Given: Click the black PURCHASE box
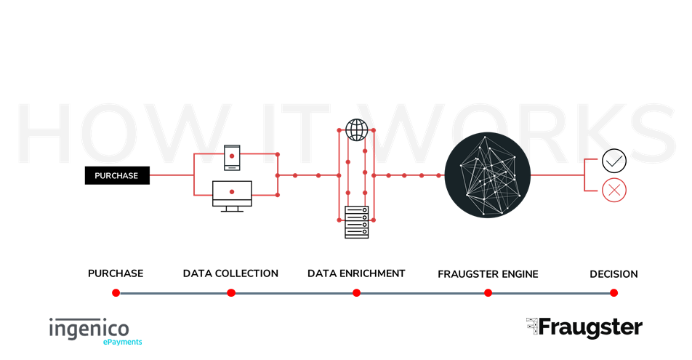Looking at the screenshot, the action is pos(117,175).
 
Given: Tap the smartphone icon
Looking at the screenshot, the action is pos(232,157).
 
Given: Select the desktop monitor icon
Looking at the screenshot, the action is pos(232,196).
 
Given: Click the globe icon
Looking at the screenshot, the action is pos(357,130).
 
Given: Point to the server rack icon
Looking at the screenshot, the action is pos(357,223).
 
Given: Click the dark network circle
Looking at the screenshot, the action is pos(488,175).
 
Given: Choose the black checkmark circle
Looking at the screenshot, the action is pos(614,161).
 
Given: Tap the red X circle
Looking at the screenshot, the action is pos(614,190).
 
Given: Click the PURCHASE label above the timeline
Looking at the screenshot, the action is pos(116,273).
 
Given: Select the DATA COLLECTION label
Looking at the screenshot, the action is pos(230,273).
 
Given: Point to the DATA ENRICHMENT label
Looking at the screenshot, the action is pos(356,273).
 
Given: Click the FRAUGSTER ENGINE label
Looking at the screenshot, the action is pos(488,274).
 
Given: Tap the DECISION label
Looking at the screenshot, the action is pos(614,274).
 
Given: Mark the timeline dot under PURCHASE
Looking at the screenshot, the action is pos(116,293).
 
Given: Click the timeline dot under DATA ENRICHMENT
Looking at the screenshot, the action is pos(357,293).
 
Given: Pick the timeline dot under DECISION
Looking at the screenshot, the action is pos(614,293).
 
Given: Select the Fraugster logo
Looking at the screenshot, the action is pos(584,328).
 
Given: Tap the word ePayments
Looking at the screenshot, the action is pos(123,342).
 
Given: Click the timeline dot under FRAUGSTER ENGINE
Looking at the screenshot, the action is pos(488,293).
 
